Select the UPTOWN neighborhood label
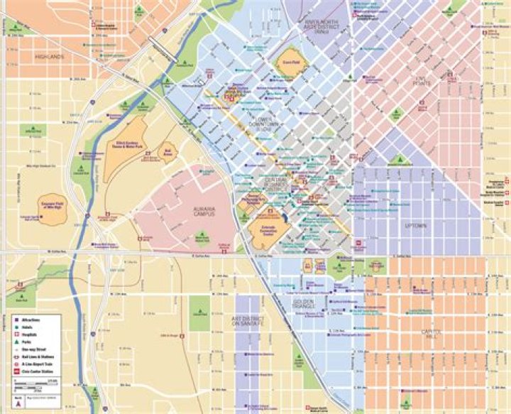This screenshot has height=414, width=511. point(416,227)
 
